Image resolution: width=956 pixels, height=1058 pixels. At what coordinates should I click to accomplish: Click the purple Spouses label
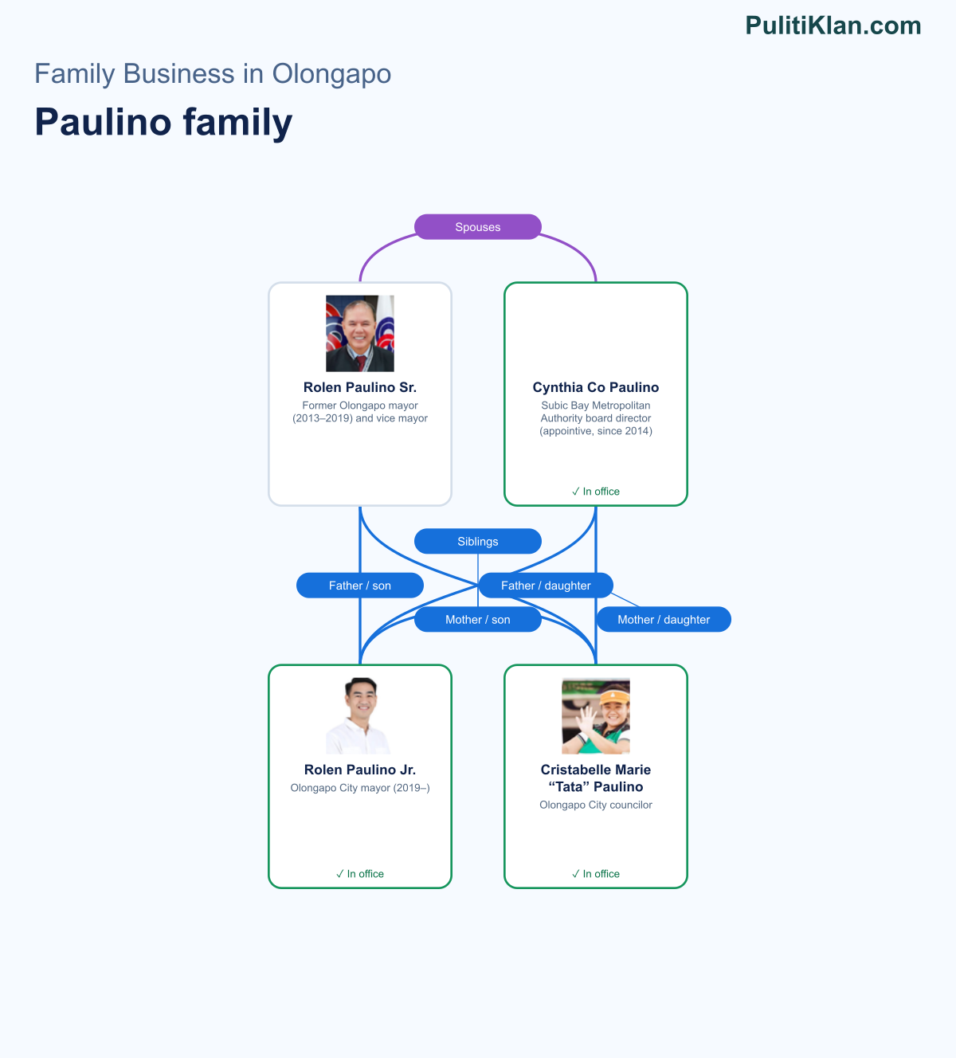[477, 227]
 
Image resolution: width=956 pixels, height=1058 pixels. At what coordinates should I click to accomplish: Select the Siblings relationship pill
[477, 541]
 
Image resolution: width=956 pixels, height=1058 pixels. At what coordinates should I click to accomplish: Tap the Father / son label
[360, 586]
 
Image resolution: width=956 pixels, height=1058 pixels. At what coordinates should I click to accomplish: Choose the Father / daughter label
[546, 586]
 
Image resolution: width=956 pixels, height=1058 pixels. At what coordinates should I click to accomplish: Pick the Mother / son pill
[477, 619]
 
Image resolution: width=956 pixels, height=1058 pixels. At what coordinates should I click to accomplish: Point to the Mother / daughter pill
[664, 619]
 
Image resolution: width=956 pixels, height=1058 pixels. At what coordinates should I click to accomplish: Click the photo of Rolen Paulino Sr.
[360, 333]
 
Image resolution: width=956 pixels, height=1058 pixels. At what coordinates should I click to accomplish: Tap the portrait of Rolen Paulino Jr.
[360, 715]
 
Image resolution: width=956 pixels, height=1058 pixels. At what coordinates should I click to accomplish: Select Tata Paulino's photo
[596, 715]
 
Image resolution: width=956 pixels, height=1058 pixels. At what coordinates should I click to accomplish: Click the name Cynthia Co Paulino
[596, 387]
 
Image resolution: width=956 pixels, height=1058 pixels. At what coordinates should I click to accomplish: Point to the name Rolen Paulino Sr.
[360, 387]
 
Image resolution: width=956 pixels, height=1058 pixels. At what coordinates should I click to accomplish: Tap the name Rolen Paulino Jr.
[360, 770]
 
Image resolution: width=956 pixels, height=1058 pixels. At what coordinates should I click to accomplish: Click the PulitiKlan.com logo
[833, 25]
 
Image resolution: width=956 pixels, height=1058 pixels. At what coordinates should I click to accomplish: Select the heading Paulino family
[163, 122]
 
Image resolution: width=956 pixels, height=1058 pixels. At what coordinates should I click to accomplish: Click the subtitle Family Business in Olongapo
[213, 73]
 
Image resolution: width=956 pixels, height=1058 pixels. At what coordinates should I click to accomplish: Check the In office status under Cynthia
[596, 491]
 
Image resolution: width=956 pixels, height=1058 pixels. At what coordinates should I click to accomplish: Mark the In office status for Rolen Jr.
[360, 873]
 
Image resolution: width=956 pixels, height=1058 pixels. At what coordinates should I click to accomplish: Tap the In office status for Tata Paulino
[596, 873]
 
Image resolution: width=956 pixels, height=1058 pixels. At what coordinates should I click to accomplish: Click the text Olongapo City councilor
[596, 805]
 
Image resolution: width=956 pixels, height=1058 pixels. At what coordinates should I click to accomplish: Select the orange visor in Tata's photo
[614, 697]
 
